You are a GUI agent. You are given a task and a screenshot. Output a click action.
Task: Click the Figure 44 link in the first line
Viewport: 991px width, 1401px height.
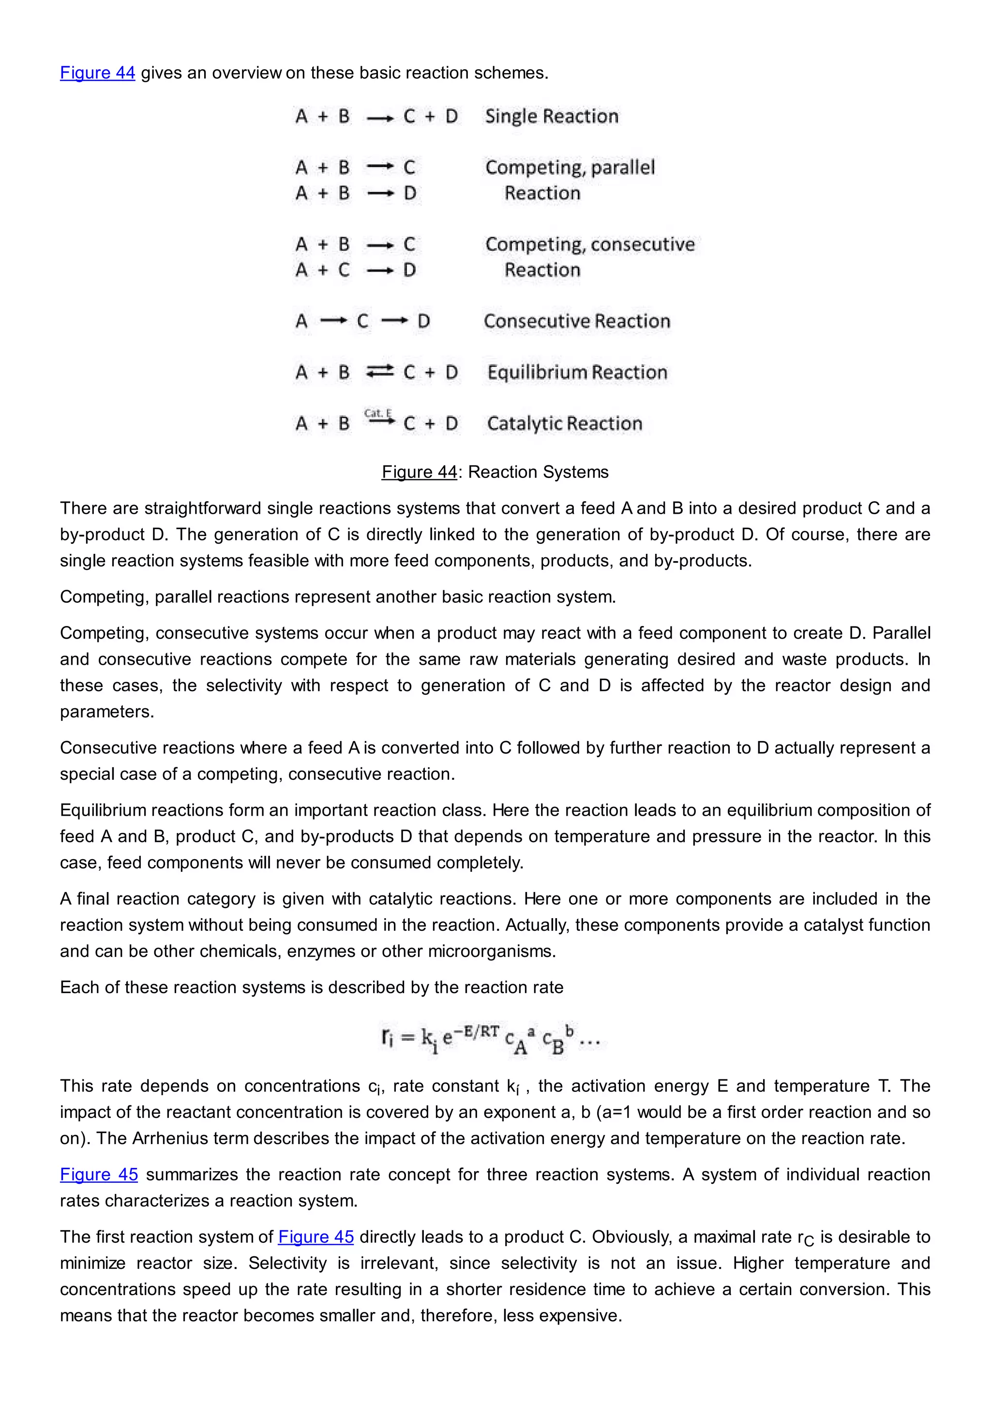(97, 73)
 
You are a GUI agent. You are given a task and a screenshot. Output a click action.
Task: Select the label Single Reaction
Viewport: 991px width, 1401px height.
(551, 116)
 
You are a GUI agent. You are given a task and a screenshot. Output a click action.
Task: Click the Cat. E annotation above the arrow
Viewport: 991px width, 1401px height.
(378, 413)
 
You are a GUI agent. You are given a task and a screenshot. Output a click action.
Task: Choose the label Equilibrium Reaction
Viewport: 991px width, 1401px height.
(577, 372)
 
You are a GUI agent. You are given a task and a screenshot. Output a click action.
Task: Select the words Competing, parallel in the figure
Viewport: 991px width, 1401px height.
(570, 167)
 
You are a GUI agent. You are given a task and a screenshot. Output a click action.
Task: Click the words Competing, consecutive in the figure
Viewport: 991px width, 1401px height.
(589, 244)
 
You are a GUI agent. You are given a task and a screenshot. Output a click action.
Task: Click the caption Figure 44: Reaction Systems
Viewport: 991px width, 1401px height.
(495, 472)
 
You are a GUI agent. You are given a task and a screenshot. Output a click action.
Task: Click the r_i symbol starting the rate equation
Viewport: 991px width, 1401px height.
(388, 1037)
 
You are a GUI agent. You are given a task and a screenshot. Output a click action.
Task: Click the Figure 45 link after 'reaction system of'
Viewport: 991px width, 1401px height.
(315, 1237)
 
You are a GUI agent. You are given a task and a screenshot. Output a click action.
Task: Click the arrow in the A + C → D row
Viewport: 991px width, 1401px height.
(381, 270)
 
